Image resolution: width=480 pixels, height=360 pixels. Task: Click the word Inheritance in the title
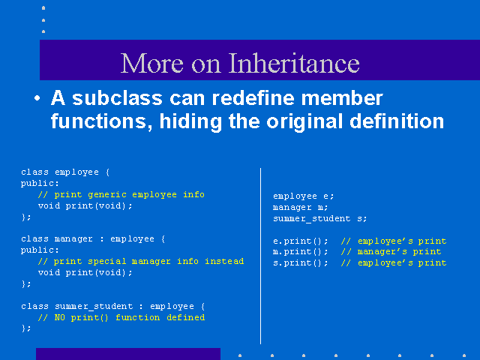pos(294,63)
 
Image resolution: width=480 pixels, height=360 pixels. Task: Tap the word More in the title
pos(152,63)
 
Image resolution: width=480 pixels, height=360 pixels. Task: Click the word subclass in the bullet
pos(117,98)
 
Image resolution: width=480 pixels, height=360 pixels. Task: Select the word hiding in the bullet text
pos(190,121)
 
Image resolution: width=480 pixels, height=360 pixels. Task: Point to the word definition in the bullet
pos(397,121)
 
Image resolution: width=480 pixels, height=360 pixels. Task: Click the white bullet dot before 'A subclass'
pos(37,98)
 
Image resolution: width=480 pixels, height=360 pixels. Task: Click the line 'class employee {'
pos(65,172)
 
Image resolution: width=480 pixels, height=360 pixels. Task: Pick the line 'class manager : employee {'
pos(93,238)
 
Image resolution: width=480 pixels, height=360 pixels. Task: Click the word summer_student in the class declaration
pos(94,307)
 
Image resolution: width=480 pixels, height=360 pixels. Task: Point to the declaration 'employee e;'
pos(303,196)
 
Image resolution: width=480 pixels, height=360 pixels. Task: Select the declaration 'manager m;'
pos(300,207)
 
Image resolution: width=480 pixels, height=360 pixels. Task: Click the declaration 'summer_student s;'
pos(320,218)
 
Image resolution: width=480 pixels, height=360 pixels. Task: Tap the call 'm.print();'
pos(300,252)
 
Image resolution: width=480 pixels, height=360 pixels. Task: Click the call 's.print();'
pos(300,263)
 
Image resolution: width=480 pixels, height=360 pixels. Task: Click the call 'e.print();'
pos(300,241)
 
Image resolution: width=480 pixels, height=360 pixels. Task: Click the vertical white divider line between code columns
pos(260,256)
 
